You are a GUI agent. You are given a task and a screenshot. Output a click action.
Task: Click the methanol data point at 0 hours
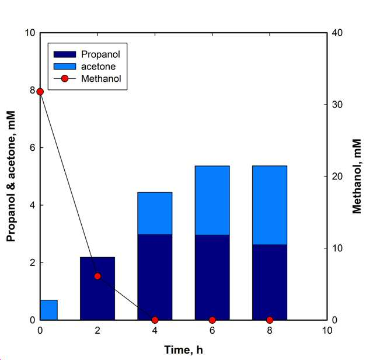pos(40,92)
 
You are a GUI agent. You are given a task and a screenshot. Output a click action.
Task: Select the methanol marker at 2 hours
pos(97,276)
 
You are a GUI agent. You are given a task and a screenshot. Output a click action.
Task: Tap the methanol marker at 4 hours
pos(155,320)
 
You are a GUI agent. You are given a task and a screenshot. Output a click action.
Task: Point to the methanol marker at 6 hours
pos(212,320)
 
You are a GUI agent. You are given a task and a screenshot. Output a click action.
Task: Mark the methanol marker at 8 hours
pos(270,320)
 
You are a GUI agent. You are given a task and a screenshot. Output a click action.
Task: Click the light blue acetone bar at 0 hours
pos(49,310)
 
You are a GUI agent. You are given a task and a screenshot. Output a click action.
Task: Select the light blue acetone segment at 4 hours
pos(155,213)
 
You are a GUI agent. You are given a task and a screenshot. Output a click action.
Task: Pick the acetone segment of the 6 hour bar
pos(212,200)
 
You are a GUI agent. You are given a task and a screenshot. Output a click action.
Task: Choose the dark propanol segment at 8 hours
pos(270,282)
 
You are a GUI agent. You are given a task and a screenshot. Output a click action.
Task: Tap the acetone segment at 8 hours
pos(270,205)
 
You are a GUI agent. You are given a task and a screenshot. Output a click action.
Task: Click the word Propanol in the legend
pos(100,54)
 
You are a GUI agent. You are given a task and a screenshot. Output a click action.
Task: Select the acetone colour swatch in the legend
pos(65,67)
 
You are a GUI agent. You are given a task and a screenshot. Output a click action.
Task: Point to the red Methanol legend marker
pos(65,78)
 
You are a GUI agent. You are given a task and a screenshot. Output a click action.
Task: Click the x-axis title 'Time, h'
pos(183,350)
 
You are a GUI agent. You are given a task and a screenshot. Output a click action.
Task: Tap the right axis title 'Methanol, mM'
pos(357,176)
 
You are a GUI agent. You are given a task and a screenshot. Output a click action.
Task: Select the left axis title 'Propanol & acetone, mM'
pos(11,176)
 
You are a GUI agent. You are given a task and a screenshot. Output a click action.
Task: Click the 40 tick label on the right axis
pos(337,33)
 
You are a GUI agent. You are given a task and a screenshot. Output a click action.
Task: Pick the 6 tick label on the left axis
pos(33,147)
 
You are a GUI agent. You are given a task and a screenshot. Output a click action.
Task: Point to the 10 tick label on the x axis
pos(327,331)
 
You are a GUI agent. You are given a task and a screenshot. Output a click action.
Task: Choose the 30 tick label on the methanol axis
pos(337,105)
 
